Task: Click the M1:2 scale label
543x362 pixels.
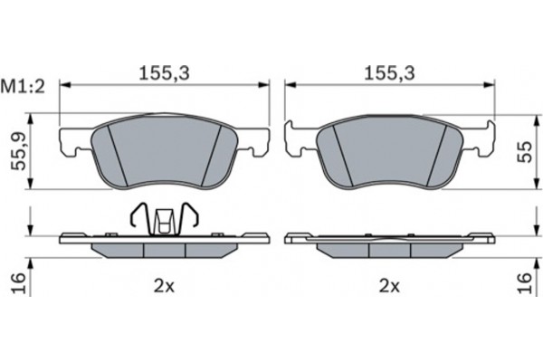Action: tap(23, 87)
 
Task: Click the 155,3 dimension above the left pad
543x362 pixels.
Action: tap(164, 73)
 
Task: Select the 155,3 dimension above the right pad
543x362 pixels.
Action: tap(389, 73)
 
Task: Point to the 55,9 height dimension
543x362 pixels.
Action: tap(19, 152)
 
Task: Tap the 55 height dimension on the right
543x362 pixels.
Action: tap(525, 152)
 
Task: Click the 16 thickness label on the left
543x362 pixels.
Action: tap(19, 283)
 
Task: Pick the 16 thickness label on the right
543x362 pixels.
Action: tap(525, 283)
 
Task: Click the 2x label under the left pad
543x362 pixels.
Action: tap(164, 287)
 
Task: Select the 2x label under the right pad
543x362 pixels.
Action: tap(389, 287)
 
